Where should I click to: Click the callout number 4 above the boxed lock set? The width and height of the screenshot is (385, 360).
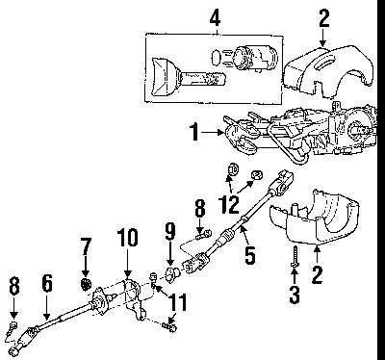(x=215, y=18)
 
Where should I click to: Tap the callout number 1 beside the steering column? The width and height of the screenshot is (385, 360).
(x=194, y=132)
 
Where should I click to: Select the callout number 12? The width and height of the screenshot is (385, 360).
(x=229, y=204)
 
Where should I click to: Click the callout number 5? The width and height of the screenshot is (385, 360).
(x=250, y=255)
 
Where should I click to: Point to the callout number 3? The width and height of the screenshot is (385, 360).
(x=295, y=295)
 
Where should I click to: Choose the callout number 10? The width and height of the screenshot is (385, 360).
(x=127, y=238)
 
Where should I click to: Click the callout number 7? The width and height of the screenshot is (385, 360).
(x=85, y=246)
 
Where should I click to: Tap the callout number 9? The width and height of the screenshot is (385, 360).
(x=170, y=231)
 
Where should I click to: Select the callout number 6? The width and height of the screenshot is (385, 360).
(x=47, y=284)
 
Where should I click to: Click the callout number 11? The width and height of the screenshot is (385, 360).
(x=177, y=302)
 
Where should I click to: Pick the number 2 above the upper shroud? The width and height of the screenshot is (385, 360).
(x=323, y=18)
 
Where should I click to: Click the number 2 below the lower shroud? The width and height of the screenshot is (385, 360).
(x=317, y=275)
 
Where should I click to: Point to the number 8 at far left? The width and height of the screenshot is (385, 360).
(x=14, y=286)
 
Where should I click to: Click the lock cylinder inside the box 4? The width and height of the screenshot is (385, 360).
(x=256, y=57)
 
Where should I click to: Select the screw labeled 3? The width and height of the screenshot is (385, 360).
(x=295, y=256)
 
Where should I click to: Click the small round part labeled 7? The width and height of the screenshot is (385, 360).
(x=86, y=284)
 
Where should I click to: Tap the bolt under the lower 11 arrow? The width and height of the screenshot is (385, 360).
(x=169, y=327)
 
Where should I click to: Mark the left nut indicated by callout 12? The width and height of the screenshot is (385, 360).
(x=233, y=169)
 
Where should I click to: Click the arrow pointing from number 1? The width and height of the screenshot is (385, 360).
(x=213, y=132)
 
